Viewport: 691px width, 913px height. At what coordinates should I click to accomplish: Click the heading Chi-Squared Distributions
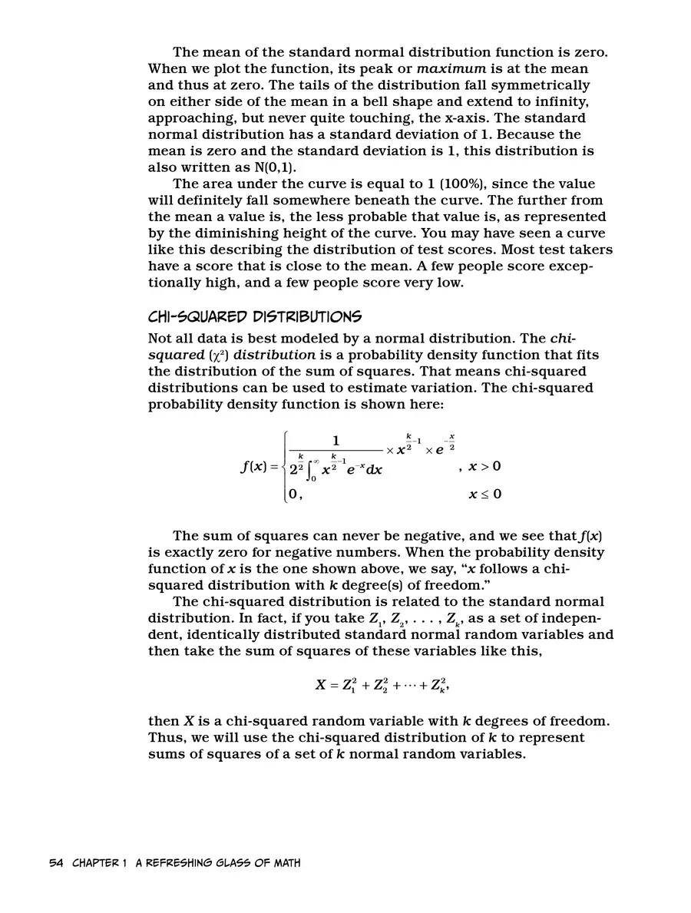254,316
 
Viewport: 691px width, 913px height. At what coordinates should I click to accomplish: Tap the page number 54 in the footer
56,863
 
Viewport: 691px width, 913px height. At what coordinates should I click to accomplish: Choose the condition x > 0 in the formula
485,466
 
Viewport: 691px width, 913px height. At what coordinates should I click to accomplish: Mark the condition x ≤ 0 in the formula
485,494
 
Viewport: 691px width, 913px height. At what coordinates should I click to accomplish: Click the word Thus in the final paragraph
165,737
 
